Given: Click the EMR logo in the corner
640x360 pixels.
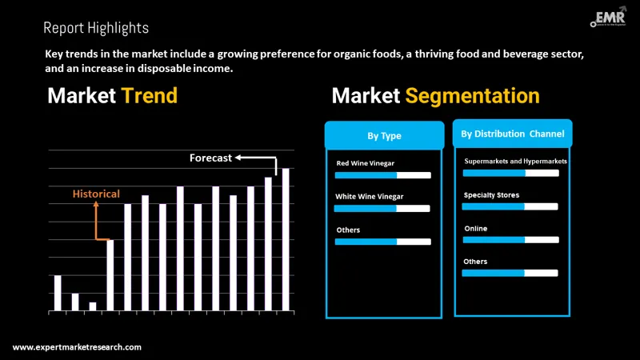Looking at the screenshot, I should tap(606, 20).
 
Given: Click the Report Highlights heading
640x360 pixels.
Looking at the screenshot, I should tap(96, 28).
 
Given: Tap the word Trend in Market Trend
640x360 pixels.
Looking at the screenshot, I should tap(149, 96).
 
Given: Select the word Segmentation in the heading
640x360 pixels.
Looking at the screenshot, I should tap(472, 96).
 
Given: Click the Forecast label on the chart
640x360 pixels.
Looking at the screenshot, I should tap(210, 158).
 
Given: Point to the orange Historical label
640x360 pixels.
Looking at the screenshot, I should tap(96, 194).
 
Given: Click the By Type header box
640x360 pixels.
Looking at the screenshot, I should tap(384, 136).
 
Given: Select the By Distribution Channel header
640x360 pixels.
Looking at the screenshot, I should tap(512, 134).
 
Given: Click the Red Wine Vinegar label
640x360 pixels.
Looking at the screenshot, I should tap(365, 163).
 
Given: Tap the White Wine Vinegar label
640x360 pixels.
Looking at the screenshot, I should tap(369, 196).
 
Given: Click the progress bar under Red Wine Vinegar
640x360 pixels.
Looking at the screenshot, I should tap(382, 174).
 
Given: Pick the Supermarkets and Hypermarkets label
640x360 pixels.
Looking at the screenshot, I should tap(515, 161).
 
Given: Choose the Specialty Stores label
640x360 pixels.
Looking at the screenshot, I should tap(491, 194).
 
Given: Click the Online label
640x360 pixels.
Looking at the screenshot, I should tap(475, 228).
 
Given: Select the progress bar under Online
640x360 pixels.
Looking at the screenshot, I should tap(510, 239).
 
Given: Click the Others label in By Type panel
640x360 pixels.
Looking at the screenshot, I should tap(348, 230).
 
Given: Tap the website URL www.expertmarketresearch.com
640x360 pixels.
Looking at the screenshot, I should tap(78, 347).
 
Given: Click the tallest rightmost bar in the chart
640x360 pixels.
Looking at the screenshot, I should tap(286, 239).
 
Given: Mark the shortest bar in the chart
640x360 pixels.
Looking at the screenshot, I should tap(93, 306).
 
